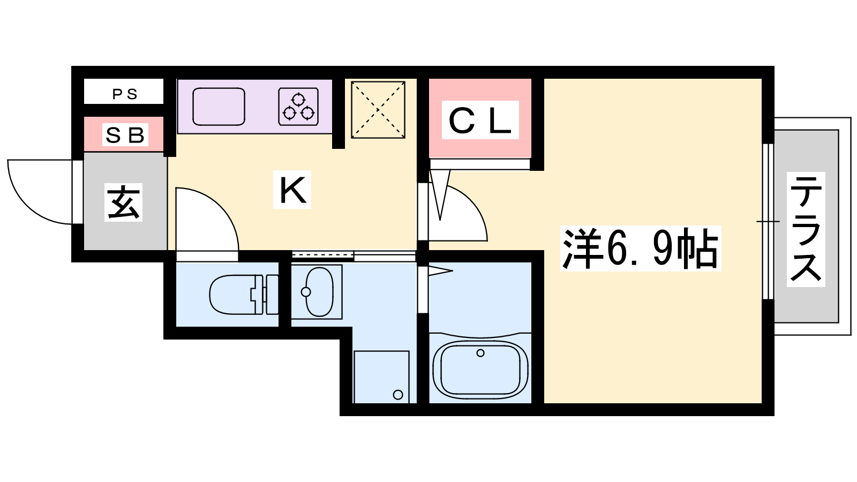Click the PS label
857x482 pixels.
(x=125, y=94)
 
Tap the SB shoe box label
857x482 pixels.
(x=125, y=134)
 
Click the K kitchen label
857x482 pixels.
(x=292, y=190)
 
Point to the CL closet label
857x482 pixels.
(x=480, y=120)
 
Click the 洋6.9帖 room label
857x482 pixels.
(x=641, y=248)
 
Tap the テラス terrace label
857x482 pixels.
(x=806, y=229)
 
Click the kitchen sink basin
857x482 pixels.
(x=219, y=107)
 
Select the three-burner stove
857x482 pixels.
(x=298, y=107)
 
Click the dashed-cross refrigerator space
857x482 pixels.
(x=378, y=110)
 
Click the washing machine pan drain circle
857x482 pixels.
(x=398, y=395)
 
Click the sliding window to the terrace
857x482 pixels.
(x=768, y=222)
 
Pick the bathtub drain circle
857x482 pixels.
(x=480, y=353)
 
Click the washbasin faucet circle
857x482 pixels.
(x=306, y=292)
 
